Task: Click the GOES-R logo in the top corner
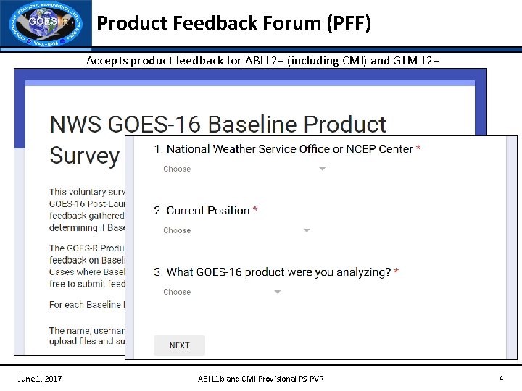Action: [x=46, y=25]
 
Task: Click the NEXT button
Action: [x=179, y=345]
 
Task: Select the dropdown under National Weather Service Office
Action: [x=244, y=169]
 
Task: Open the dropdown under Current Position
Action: [x=236, y=230]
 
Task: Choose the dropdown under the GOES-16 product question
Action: [x=222, y=292]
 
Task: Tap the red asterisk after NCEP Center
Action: [x=418, y=148]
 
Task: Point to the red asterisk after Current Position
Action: [x=255, y=210]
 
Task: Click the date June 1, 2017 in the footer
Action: [x=40, y=379]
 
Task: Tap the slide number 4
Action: [x=500, y=379]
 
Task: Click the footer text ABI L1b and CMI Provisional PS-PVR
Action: [x=261, y=379]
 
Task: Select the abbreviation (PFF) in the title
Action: [x=349, y=24]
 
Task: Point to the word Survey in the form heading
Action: [x=84, y=155]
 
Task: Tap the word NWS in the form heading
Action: [x=75, y=125]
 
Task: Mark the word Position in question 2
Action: [x=228, y=210]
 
